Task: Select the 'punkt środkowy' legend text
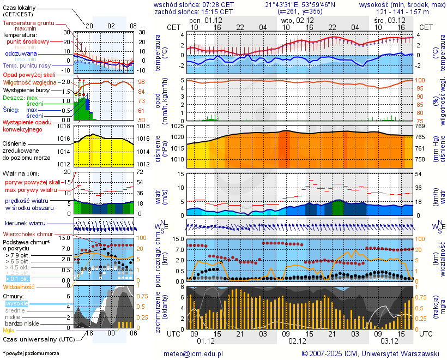click(x=28, y=41)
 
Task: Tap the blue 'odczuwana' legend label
click(x=21, y=54)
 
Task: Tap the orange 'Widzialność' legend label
click(x=19, y=286)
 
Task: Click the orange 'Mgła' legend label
click(x=9, y=330)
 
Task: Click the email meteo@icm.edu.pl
click(x=194, y=353)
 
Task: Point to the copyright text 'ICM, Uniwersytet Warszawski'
click(x=389, y=353)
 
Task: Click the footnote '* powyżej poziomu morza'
click(x=31, y=353)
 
